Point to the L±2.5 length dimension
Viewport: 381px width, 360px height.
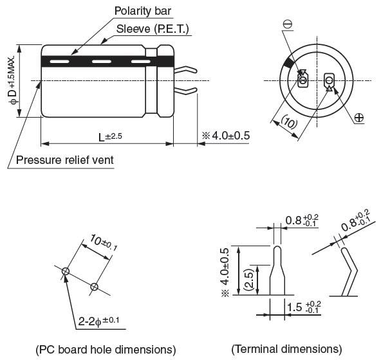coord(110,137)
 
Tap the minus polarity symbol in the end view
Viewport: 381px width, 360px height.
coord(287,24)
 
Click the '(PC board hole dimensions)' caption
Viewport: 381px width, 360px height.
coord(106,349)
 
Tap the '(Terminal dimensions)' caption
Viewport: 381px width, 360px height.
coord(286,349)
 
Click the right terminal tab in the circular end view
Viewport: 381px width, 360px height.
coord(329,80)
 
